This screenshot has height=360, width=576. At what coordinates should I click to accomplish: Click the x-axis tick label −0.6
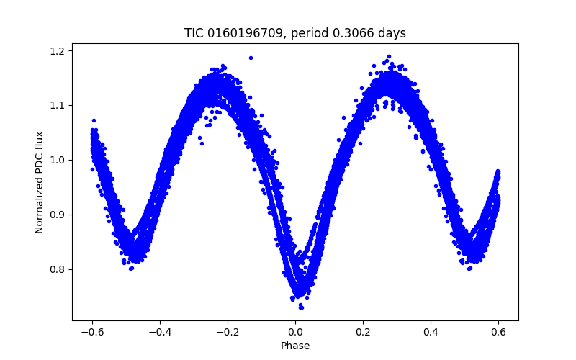pos(92,332)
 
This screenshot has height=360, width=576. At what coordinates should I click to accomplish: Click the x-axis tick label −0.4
pos(160,332)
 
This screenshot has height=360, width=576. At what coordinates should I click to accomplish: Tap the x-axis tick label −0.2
pos(228,332)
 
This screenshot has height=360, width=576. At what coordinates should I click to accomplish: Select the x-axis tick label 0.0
pos(295,332)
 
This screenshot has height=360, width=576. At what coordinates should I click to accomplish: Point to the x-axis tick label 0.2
pos(363,332)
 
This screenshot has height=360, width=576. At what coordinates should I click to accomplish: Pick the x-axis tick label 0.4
pos(431,332)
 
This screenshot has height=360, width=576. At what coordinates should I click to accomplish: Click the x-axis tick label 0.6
pos(498,332)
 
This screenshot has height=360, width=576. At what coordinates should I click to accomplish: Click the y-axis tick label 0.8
pos(58,269)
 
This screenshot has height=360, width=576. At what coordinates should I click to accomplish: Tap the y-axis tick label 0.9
pos(58,215)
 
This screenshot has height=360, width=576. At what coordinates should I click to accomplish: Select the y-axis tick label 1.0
pos(58,160)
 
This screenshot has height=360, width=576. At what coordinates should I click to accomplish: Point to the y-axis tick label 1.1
pos(58,105)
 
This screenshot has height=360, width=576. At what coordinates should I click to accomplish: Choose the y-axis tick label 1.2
pos(58,50)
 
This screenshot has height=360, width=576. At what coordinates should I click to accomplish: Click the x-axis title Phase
pos(295,346)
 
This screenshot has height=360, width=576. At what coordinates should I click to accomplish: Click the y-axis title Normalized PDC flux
pos(40,182)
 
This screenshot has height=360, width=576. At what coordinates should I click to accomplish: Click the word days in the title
pos(392,34)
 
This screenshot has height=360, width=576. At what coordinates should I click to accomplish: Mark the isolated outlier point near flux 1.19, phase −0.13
pos(251,58)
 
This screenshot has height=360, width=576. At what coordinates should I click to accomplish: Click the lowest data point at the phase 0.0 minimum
pos(301,307)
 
